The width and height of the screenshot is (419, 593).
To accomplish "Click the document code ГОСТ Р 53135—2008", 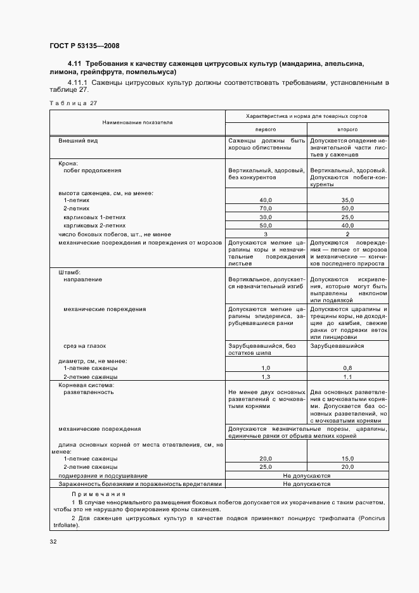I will coord(84,46).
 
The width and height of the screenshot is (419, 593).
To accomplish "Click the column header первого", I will coord(266,128).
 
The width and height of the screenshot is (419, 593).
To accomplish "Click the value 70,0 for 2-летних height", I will coord(266,208).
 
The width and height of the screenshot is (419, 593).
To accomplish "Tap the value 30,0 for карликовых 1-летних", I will coord(266,216).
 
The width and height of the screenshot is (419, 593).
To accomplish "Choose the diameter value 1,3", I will coord(266,376).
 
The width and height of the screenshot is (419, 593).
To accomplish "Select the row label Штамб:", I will coord(70,271).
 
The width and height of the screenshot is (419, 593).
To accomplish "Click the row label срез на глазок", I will coord(84,346).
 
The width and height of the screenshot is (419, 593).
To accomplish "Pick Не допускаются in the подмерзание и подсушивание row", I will coord(307,475).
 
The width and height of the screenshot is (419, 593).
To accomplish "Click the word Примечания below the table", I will coord(98,494).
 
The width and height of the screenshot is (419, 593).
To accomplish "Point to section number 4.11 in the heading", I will coord(75,65).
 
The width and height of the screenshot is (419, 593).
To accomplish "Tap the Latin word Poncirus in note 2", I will coord(375,518).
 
